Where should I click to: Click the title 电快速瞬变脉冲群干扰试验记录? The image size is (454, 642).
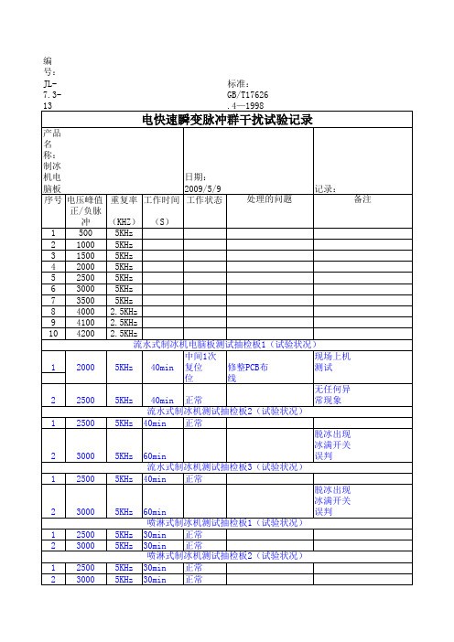click(228, 120)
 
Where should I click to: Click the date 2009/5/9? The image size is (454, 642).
click(203, 187)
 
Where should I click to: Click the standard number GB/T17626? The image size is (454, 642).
click(247, 94)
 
